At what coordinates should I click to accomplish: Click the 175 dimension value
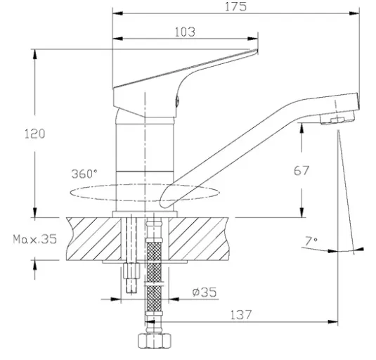(x=235, y=7)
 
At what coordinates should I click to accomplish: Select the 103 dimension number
(x=185, y=32)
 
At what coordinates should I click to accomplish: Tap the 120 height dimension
(x=34, y=134)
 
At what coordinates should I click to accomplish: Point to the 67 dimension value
(x=302, y=171)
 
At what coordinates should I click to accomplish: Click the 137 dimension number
(x=241, y=315)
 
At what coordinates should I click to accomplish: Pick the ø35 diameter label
(x=205, y=292)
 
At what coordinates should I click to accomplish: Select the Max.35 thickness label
(x=35, y=239)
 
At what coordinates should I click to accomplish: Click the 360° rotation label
(x=84, y=174)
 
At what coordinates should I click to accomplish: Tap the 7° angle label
(x=311, y=241)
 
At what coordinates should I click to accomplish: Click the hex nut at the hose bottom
(x=155, y=341)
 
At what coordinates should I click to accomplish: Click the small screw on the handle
(x=177, y=101)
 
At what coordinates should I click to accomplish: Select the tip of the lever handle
(x=257, y=50)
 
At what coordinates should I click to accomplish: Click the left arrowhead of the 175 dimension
(x=117, y=13)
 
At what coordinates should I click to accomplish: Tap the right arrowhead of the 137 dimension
(x=332, y=322)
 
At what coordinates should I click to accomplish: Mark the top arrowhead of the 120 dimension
(x=35, y=54)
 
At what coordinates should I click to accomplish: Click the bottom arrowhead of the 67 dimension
(x=302, y=212)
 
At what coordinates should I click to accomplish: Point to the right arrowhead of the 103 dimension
(x=253, y=39)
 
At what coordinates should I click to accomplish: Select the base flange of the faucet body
(x=145, y=214)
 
